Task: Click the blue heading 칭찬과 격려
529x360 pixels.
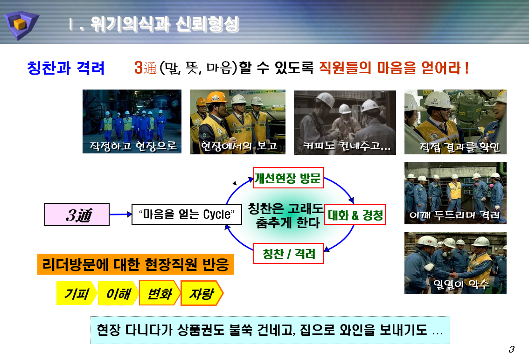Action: pos(66,68)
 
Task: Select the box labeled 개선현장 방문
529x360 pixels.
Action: pos(288,178)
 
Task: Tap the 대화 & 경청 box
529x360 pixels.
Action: pos(355,215)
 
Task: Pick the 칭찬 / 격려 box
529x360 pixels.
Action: pos(289,254)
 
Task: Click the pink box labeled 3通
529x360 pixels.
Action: pos(77,215)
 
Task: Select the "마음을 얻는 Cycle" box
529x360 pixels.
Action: pos(186,215)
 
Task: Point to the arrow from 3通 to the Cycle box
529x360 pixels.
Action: pos(120,215)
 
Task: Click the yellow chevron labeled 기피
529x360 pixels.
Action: pos(76,293)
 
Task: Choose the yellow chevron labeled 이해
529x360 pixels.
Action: pos(118,293)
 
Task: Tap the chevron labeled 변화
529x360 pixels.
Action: pos(159,293)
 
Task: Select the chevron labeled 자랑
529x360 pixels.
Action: pos(201,293)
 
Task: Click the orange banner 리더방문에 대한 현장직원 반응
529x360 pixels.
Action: pos(135,265)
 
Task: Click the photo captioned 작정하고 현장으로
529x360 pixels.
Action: pos(132,121)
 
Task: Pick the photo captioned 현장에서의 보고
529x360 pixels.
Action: pos(237,121)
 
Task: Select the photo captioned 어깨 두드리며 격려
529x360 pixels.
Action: pos(455,193)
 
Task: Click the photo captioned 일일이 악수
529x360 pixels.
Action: pos(455,263)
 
